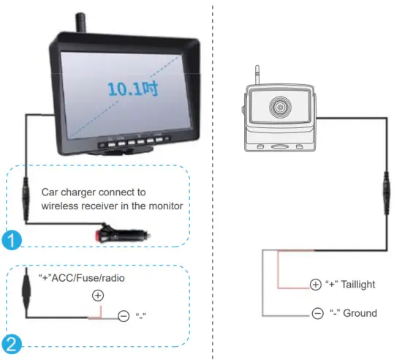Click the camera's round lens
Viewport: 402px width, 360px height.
pyautogui.click(x=281, y=108)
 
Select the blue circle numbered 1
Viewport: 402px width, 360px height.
pyautogui.click(x=11, y=238)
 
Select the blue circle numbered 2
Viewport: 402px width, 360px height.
pyautogui.click(x=11, y=342)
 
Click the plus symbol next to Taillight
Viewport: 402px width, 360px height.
pyautogui.click(x=315, y=284)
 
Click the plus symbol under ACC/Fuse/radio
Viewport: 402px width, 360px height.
pyautogui.click(x=98, y=295)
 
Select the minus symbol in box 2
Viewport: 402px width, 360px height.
pyautogui.click(x=124, y=318)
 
